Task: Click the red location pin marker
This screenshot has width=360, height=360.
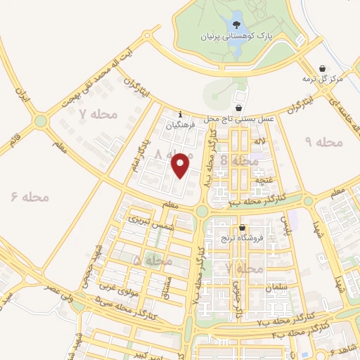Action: pyautogui.click(x=181, y=165)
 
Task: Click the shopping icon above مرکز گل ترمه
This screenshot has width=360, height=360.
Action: pyautogui.click(x=322, y=68)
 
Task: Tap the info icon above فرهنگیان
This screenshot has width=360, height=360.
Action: pyautogui.click(x=181, y=115)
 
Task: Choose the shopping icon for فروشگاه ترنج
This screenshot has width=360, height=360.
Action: pyautogui.click(x=243, y=228)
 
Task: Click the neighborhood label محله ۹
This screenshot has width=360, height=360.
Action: pyautogui.click(x=323, y=142)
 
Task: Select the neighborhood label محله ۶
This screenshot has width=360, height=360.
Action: pyautogui.click(x=30, y=197)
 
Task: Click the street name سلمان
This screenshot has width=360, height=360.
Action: pyautogui.click(x=277, y=288)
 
